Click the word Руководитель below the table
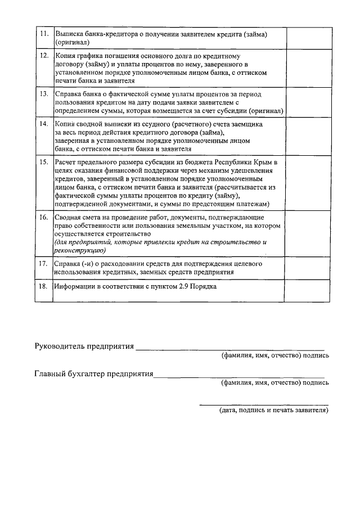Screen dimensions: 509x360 point(60,346)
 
